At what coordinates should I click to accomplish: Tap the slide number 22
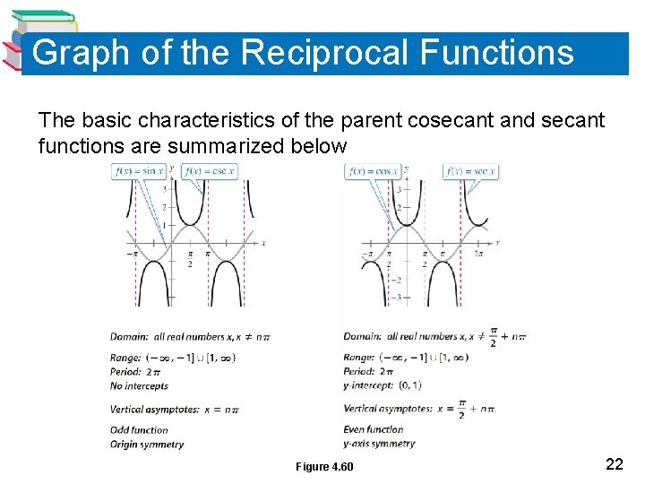(x=615, y=463)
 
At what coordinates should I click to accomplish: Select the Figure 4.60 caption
(x=324, y=467)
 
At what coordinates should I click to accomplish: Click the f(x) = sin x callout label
(x=139, y=170)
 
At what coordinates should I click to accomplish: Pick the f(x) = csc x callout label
(x=210, y=170)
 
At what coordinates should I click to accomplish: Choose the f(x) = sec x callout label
(x=470, y=170)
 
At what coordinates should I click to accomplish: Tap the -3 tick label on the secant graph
(x=396, y=296)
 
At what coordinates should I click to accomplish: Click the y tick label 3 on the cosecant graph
(x=164, y=188)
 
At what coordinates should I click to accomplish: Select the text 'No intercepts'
(x=139, y=386)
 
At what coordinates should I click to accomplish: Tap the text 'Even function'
(x=374, y=429)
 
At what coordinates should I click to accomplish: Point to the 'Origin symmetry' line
(x=147, y=444)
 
